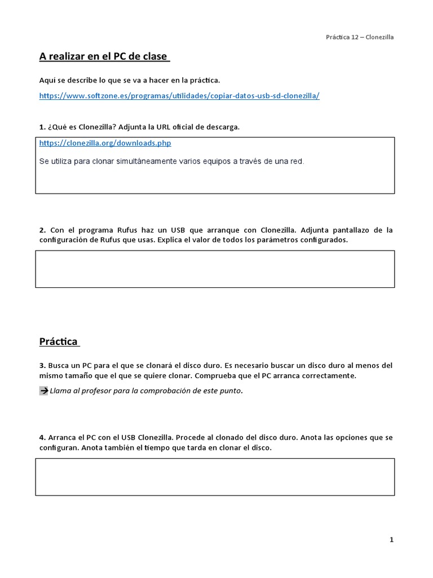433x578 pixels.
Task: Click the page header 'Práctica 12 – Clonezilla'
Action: [x=360, y=37]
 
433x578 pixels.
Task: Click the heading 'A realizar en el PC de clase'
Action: [x=104, y=56]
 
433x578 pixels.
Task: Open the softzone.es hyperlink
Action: [x=179, y=95]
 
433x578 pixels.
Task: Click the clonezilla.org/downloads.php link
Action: [x=105, y=143]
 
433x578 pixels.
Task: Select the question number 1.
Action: [x=42, y=127]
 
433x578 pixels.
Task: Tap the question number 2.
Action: [x=42, y=230]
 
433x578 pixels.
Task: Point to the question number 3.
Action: [x=42, y=366]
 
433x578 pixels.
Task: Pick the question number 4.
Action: [x=42, y=437]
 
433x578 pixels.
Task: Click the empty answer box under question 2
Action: [x=215, y=269]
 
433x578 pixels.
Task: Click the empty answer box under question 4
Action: [x=215, y=477]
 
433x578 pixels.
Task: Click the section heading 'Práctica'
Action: [x=59, y=341]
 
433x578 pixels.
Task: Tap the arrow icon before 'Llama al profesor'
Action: [x=43, y=391]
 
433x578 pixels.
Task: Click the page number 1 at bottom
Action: [x=391, y=540]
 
